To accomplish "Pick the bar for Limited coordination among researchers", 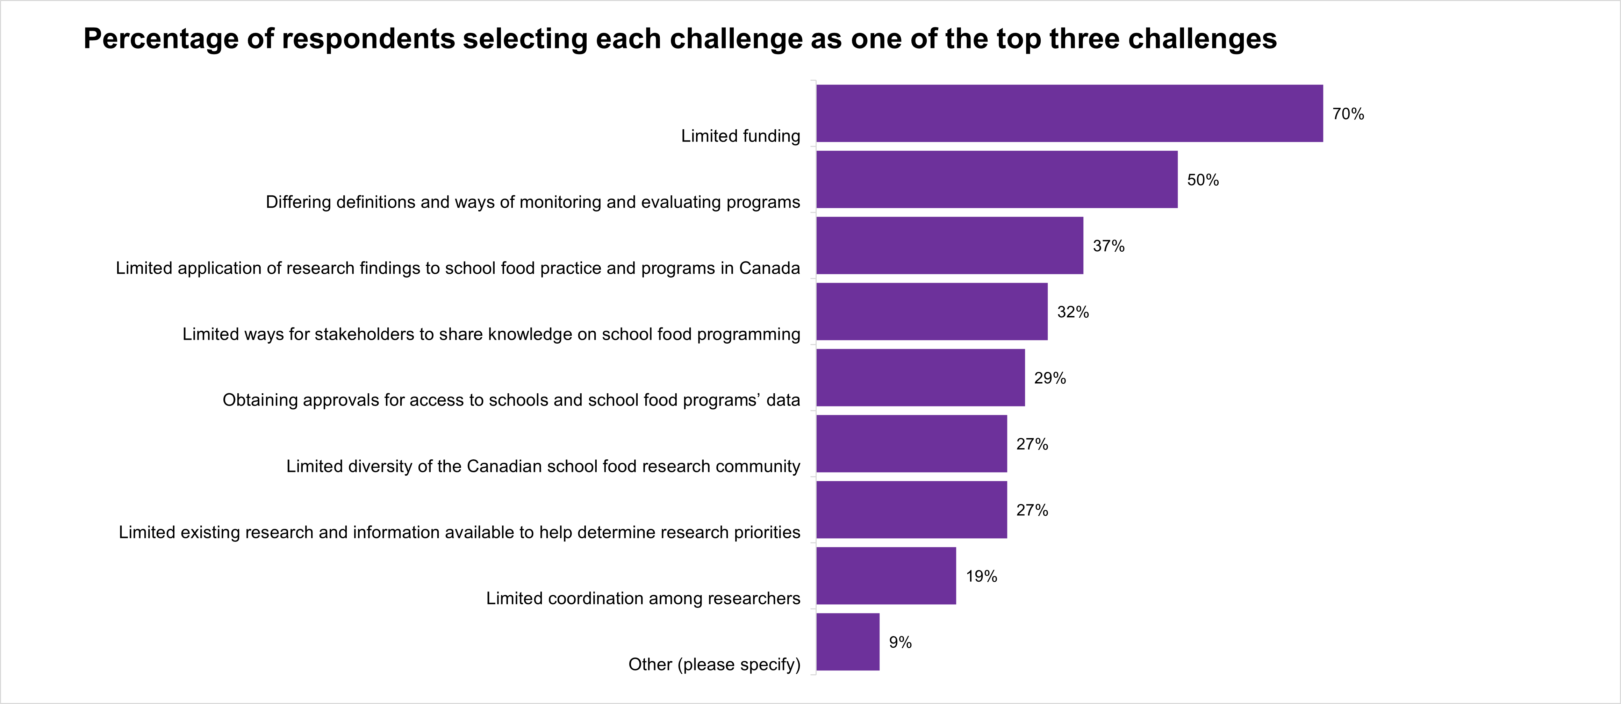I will click(886, 576).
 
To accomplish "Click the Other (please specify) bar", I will click(848, 642).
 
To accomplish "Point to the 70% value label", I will click(1348, 114).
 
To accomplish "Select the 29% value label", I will click(1050, 378).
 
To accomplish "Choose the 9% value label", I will click(900, 642).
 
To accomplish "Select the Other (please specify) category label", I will click(714, 665).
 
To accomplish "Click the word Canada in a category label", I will click(769, 268).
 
